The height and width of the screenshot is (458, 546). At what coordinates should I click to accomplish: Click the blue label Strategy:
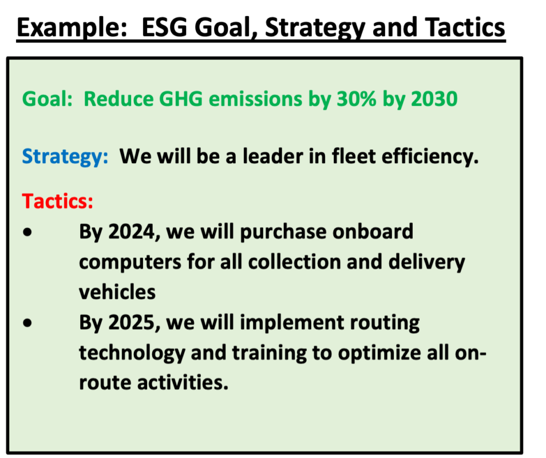click(65, 156)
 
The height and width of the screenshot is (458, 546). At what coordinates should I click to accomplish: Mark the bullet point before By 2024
click(27, 234)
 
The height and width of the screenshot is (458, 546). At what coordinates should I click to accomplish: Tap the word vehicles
click(117, 292)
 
